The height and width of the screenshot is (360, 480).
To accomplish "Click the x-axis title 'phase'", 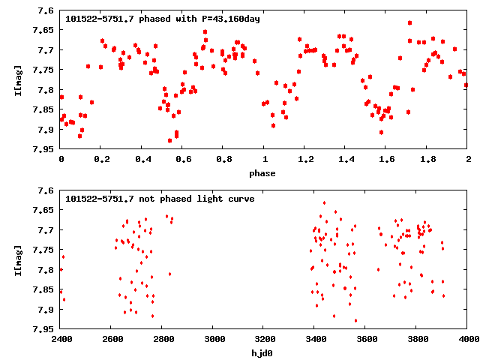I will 264,173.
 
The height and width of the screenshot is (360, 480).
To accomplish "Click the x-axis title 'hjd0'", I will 264,352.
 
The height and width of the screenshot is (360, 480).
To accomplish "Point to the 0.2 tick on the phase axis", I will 102,160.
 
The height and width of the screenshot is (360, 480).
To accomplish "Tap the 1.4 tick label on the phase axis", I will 346,160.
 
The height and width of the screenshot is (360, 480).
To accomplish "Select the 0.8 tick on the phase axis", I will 223,160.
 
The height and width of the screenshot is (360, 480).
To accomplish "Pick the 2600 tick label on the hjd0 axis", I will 112,339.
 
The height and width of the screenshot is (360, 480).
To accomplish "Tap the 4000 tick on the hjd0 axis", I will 468,339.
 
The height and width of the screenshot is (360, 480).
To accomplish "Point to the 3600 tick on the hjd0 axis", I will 366,339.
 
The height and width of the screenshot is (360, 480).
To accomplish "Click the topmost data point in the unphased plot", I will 324,202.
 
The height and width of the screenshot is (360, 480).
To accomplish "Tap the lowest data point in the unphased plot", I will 355,320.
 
